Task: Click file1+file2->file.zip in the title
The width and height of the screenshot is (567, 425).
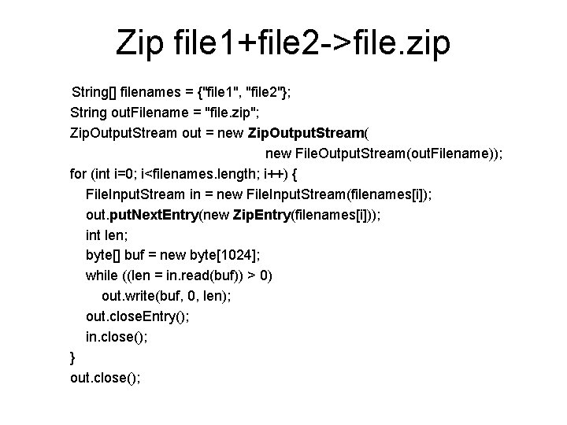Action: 313,44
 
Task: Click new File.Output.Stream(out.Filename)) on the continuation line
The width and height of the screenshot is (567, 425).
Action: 384,153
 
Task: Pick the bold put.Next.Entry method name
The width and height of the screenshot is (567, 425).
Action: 157,214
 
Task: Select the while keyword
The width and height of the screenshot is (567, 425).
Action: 102,275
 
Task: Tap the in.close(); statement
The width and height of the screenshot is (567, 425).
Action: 117,337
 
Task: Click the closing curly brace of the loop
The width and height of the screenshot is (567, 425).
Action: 73,357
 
